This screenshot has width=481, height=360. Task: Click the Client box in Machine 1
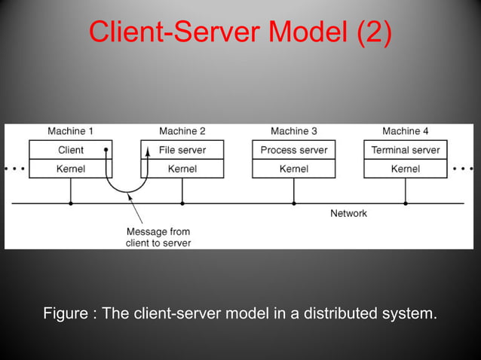click(x=70, y=150)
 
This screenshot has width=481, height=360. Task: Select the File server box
click(x=182, y=150)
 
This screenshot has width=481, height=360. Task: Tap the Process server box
click(x=294, y=150)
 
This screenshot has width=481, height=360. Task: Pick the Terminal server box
click(x=406, y=150)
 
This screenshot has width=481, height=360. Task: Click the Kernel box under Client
click(x=70, y=169)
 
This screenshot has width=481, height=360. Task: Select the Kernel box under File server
click(x=182, y=169)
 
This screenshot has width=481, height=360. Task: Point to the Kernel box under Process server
click(x=294, y=169)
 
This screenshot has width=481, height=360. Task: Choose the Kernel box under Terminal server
click(x=406, y=169)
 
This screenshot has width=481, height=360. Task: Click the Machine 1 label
click(x=71, y=131)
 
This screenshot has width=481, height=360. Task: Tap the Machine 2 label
click(x=182, y=131)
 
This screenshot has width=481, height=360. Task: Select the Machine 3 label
click(x=294, y=131)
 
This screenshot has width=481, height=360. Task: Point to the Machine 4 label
click(x=406, y=131)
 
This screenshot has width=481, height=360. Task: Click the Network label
click(x=348, y=213)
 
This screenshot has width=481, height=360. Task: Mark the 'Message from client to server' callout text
click(x=158, y=236)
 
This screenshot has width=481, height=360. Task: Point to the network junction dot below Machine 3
click(x=294, y=203)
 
